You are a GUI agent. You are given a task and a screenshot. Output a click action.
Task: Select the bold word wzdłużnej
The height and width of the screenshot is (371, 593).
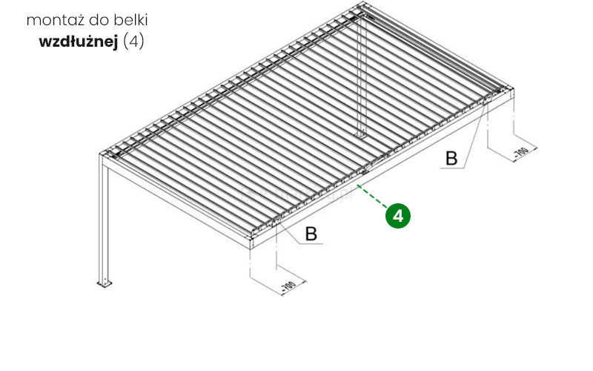point(79,42)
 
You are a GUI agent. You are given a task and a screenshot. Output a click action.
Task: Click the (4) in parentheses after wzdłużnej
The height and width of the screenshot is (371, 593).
point(134,42)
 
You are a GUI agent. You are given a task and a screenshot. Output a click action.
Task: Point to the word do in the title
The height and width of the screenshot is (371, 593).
point(99,20)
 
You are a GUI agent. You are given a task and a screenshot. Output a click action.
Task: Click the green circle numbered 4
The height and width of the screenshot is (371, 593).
point(398,216)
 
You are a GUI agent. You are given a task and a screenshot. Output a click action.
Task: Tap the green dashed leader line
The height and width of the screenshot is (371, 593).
point(373,197)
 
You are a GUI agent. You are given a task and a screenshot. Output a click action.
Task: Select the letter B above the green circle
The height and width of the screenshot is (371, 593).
point(451,159)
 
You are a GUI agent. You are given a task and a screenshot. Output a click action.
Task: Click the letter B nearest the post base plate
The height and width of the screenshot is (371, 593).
point(311,234)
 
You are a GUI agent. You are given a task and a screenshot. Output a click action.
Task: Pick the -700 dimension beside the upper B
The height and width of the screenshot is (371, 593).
point(521,153)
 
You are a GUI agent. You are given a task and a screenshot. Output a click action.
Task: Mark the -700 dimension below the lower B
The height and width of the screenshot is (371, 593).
point(288,286)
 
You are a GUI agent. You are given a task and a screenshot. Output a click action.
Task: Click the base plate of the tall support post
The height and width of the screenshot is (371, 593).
point(105,283)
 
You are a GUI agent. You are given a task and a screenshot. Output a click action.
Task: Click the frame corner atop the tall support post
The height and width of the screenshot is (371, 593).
point(102,155)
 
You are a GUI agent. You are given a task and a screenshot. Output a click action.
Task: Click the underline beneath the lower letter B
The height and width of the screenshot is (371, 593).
point(311,243)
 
